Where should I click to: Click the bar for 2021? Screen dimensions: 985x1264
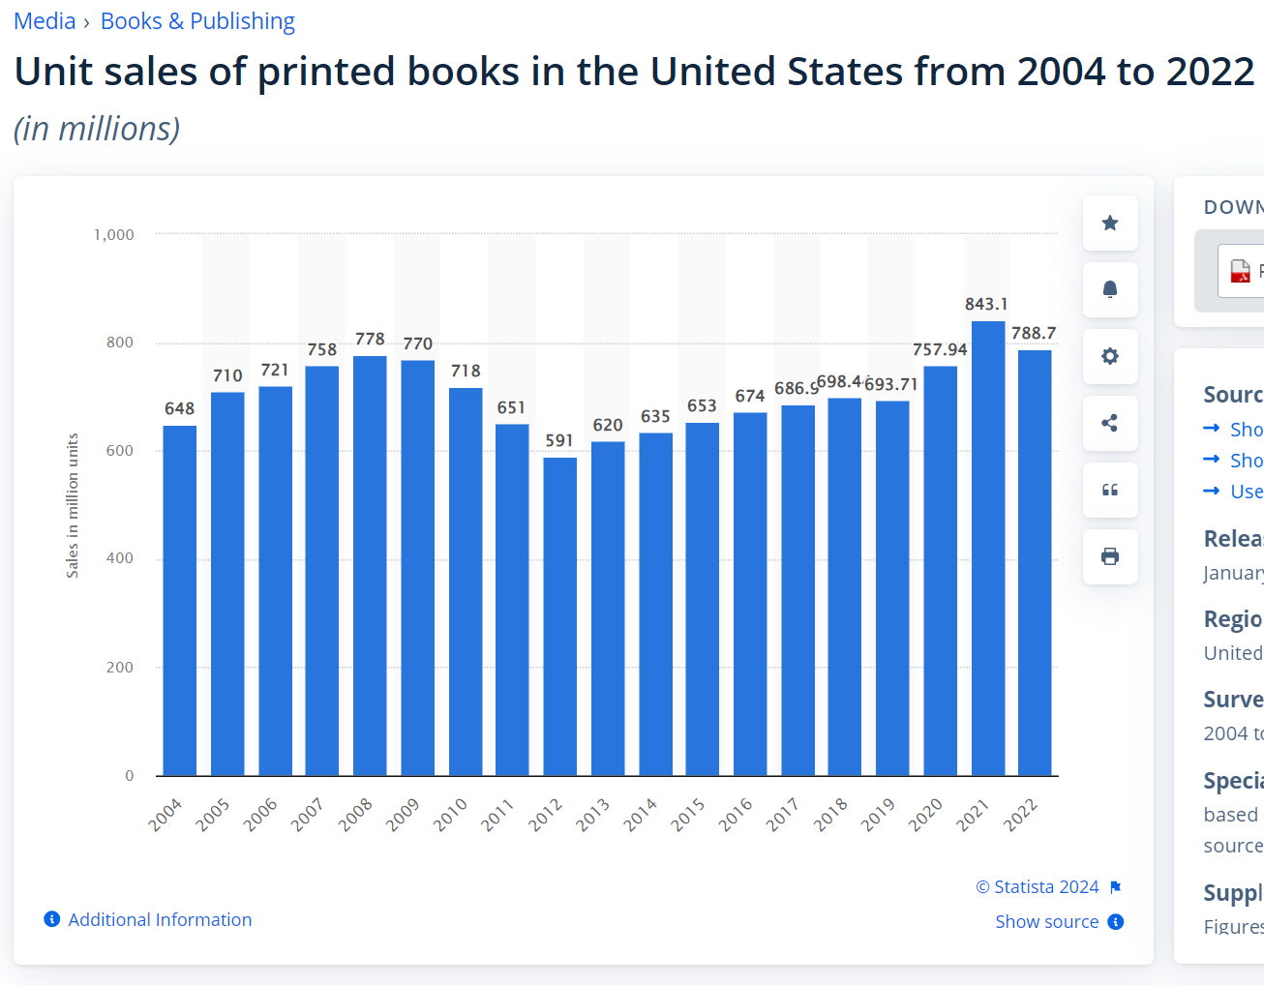(x=988, y=549)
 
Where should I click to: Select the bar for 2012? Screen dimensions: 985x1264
(x=559, y=616)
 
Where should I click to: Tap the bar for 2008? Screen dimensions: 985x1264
(x=370, y=566)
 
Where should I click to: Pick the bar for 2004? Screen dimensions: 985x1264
(x=179, y=600)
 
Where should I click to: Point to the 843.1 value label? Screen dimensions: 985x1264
(x=986, y=304)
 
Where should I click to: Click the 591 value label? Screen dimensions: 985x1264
(x=559, y=440)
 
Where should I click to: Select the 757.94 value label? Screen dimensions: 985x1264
(x=940, y=349)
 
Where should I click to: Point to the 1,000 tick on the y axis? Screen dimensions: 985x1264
(x=114, y=234)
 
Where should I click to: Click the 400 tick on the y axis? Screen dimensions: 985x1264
(x=120, y=558)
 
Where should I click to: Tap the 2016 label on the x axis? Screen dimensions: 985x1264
(x=736, y=815)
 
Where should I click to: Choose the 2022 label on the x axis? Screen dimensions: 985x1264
(x=1020, y=815)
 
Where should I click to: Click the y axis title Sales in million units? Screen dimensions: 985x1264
(x=73, y=505)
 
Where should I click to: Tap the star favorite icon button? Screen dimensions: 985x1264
(x=1110, y=223)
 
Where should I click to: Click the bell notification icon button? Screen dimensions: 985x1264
(x=1110, y=289)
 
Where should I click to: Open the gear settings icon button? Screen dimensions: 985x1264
(x=1110, y=356)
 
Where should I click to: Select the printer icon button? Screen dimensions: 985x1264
(x=1110, y=556)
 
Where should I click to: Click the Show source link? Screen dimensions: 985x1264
(x=1047, y=922)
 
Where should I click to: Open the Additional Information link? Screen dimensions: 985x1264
(x=160, y=920)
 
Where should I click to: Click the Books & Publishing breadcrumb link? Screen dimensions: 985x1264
(x=197, y=21)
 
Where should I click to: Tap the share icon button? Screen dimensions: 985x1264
(x=1110, y=423)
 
